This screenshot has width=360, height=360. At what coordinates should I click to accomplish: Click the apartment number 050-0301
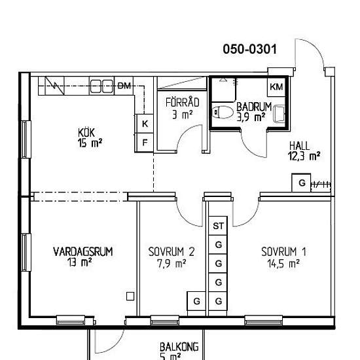pyautogui.click(x=250, y=49)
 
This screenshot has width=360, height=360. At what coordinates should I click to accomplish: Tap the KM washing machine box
pyautogui.click(x=276, y=87)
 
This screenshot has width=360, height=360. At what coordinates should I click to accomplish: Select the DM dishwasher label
pyautogui.click(x=124, y=86)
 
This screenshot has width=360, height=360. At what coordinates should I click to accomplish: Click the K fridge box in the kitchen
pyautogui.click(x=144, y=124)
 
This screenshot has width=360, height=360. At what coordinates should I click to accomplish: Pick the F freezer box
pyautogui.click(x=144, y=143)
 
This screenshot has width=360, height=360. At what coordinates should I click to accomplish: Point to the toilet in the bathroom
pyautogui.click(x=222, y=113)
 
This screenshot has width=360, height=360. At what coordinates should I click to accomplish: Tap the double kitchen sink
pyautogui.click(x=101, y=86)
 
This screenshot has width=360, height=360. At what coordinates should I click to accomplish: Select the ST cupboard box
pyautogui.click(x=218, y=226)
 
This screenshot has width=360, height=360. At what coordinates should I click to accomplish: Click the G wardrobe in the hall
pyautogui.click(x=301, y=183)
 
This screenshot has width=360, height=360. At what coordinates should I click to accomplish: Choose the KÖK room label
pyautogui.click(x=86, y=133)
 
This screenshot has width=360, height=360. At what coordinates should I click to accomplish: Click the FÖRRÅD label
pyautogui.click(x=183, y=102)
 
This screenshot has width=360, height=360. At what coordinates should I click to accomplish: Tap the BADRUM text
pyautogui.click(x=254, y=107)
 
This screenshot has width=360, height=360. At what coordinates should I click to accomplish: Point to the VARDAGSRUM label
pyautogui.click(x=83, y=251)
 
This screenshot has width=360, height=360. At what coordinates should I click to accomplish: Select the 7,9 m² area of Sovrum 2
pyautogui.click(x=171, y=264)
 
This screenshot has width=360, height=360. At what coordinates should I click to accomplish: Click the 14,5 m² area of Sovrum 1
pyautogui.click(x=283, y=264)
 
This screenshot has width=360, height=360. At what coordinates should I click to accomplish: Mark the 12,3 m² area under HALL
pyautogui.click(x=304, y=156)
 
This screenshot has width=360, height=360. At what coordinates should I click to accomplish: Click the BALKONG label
pyautogui.click(x=179, y=347)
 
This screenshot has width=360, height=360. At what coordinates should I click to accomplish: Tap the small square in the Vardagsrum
pyautogui.click(x=130, y=297)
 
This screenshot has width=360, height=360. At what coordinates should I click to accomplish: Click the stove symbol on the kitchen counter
pyautogui.click(x=55, y=86)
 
